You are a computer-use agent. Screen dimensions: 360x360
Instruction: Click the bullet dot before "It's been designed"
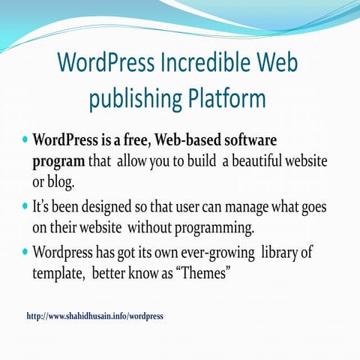coord(26,204)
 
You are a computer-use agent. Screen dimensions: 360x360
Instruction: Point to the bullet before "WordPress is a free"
coord(26,139)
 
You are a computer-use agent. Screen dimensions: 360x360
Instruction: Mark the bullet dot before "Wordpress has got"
coord(26,253)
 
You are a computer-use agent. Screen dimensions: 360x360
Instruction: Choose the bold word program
coord(58,161)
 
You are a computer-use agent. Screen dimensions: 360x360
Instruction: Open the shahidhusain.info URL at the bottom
coord(94,316)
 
